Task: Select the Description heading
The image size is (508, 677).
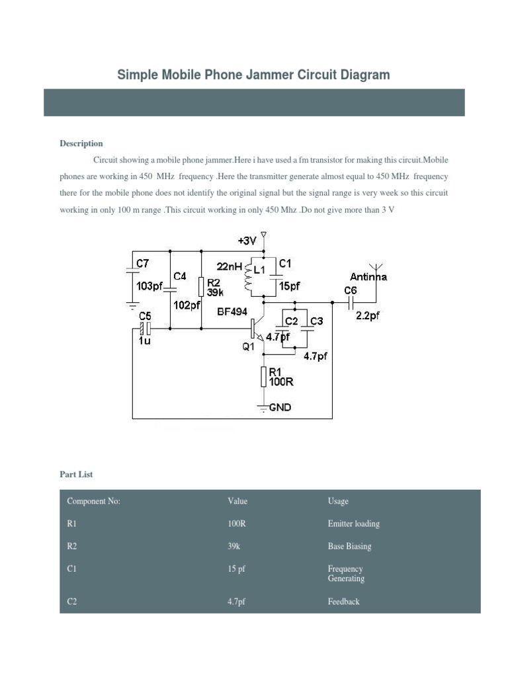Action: (x=81, y=143)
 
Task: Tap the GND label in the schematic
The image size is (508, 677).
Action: (x=280, y=407)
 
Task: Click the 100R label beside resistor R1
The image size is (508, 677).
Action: (x=281, y=381)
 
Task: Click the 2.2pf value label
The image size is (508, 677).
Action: (x=368, y=315)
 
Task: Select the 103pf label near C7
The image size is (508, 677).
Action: (x=149, y=286)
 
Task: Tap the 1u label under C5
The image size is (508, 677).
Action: (x=145, y=341)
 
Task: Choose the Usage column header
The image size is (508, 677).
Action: (x=338, y=501)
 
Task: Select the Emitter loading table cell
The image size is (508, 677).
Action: (x=354, y=524)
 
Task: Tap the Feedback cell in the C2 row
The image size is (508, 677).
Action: (x=344, y=602)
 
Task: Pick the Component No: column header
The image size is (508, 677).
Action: (x=94, y=501)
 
